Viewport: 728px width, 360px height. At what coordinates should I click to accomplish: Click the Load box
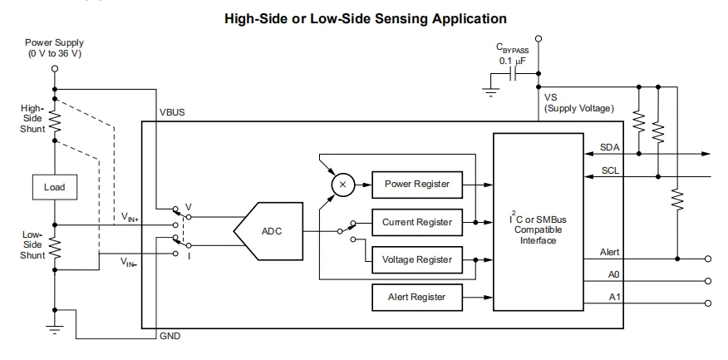[x=53, y=187]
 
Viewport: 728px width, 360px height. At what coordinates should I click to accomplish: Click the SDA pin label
[x=609, y=146]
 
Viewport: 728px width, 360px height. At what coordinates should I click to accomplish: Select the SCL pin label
[x=609, y=170]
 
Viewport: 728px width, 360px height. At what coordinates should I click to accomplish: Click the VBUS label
[x=172, y=112]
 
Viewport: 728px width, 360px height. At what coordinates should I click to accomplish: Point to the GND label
[x=170, y=336]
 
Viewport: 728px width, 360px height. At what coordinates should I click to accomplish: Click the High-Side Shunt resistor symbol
[x=54, y=121]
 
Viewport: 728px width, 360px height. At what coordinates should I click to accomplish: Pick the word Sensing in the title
[x=396, y=17]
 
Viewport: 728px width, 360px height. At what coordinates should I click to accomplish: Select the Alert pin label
[x=609, y=250]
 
